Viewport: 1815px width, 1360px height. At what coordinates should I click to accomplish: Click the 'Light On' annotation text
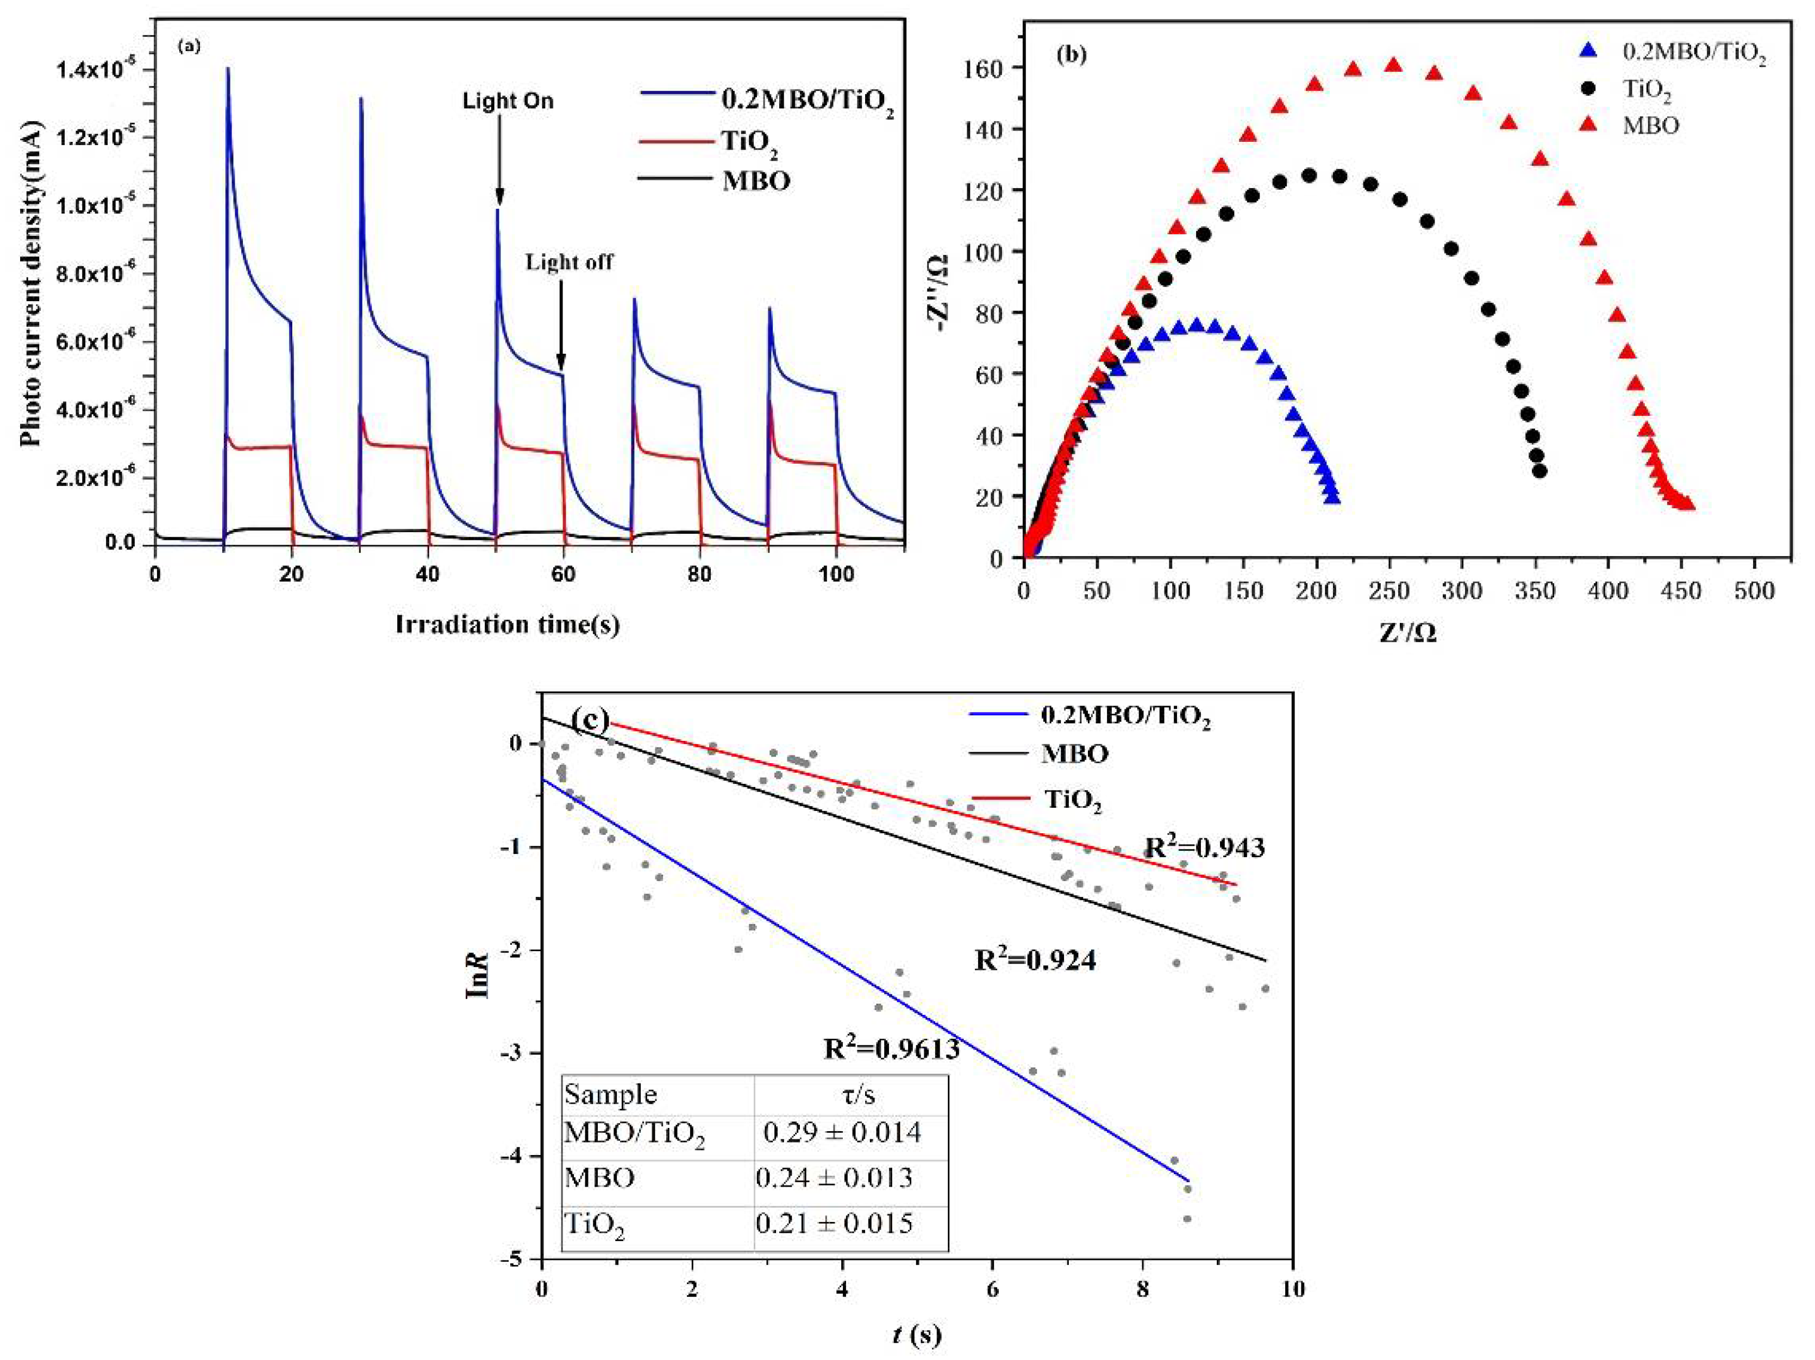point(508,102)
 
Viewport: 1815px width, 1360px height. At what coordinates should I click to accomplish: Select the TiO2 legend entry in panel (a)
point(749,142)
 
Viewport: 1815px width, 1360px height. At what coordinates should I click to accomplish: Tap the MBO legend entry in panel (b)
point(1650,126)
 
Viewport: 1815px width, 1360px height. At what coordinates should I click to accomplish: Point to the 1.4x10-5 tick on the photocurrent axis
point(97,71)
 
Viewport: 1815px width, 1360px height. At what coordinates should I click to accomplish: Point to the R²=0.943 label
point(1204,847)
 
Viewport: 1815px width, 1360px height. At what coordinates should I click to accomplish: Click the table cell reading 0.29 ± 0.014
point(842,1133)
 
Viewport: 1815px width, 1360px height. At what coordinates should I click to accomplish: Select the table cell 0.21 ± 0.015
point(834,1224)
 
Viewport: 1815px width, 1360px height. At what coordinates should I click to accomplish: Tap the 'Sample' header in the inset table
point(610,1094)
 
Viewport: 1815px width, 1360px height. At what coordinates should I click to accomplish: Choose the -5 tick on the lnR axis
point(515,1259)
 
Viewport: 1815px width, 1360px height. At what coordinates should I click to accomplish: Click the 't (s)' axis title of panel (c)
point(917,1336)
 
